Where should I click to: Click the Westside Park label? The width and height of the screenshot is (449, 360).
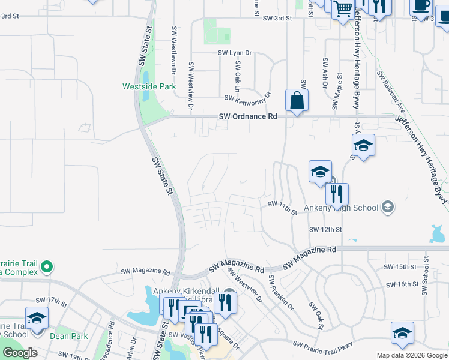[x=149, y=86]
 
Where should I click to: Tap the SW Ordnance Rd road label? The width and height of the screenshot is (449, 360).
[x=248, y=116]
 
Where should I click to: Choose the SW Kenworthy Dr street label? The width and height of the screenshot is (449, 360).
[x=248, y=97]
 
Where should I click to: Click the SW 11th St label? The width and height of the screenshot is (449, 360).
[x=282, y=208]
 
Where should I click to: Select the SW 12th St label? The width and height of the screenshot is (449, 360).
[x=325, y=230]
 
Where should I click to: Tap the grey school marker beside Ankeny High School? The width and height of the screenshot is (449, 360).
[x=387, y=208]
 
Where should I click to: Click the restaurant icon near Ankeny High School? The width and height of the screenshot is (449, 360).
[x=337, y=194]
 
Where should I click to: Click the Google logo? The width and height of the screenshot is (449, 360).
[x=20, y=353]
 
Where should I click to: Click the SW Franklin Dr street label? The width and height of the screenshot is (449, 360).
[x=281, y=293]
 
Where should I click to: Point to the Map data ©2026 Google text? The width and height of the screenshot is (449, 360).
[x=411, y=355]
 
